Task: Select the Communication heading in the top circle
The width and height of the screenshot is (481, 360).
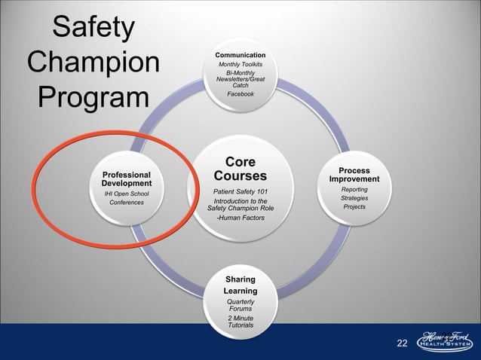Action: (x=240, y=55)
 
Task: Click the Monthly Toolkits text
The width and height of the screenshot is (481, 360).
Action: (x=240, y=65)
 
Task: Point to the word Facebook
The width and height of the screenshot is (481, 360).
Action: (x=240, y=94)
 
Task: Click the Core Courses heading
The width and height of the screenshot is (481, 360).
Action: (x=240, y=170)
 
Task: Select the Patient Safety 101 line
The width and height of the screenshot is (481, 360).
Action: (x=240, y=192)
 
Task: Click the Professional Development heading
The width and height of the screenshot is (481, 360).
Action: (x=127, y=179)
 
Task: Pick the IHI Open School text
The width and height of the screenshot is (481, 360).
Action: (x=127, y=194)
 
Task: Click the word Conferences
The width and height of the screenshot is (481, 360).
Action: (x=127, y=203)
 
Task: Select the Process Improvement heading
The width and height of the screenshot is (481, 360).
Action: (x=354, y=175)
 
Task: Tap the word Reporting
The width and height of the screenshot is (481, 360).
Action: (x=354, y=189)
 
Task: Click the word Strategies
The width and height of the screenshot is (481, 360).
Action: (x=354, y=198)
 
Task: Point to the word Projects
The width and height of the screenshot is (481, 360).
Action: (x=354, y=207)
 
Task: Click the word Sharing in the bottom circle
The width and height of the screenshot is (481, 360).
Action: (x=240, y=279)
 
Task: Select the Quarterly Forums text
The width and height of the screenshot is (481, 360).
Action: (x=240, y=305)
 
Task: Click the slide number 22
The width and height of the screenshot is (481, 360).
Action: (x=401, y=344)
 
